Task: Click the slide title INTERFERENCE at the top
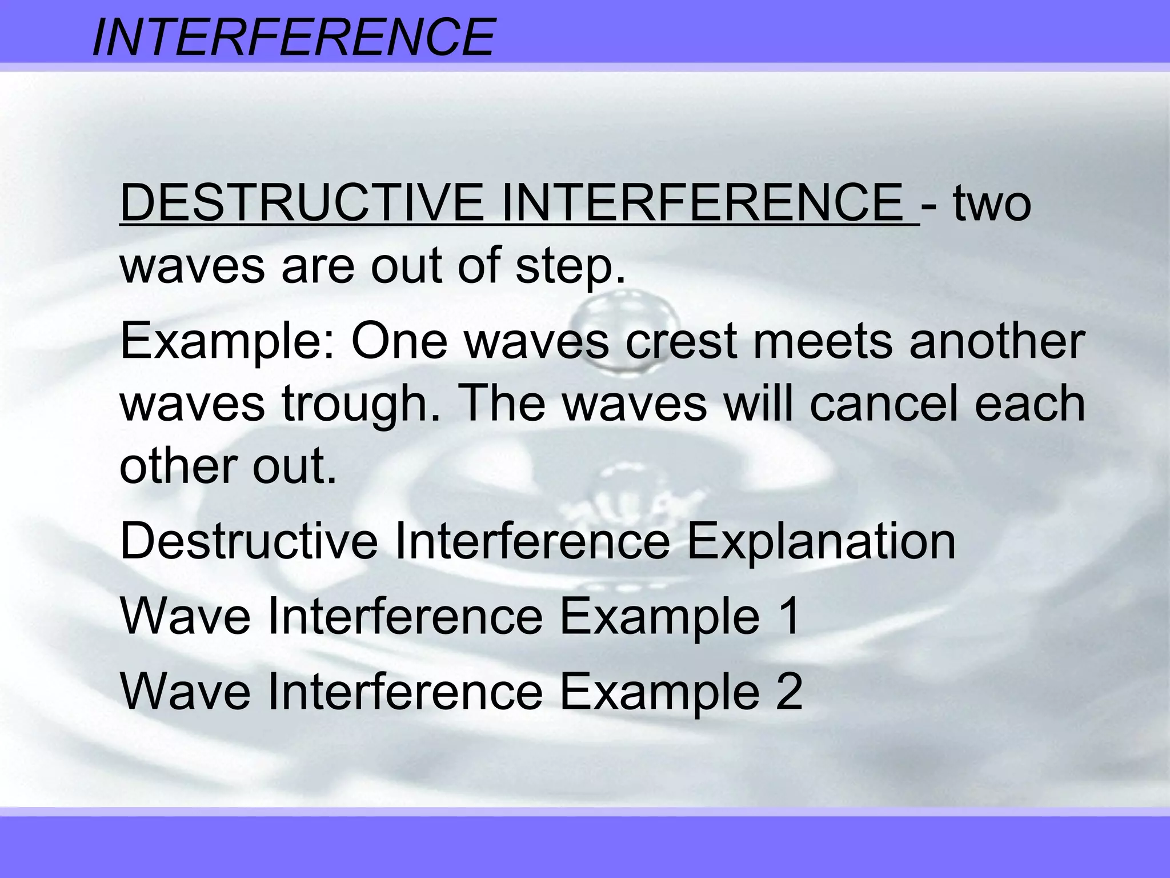point(292,37)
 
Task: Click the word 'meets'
point(823,342)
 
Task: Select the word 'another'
point(996,342)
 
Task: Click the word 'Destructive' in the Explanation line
point(249,541)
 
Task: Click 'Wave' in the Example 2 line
point(186,692)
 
